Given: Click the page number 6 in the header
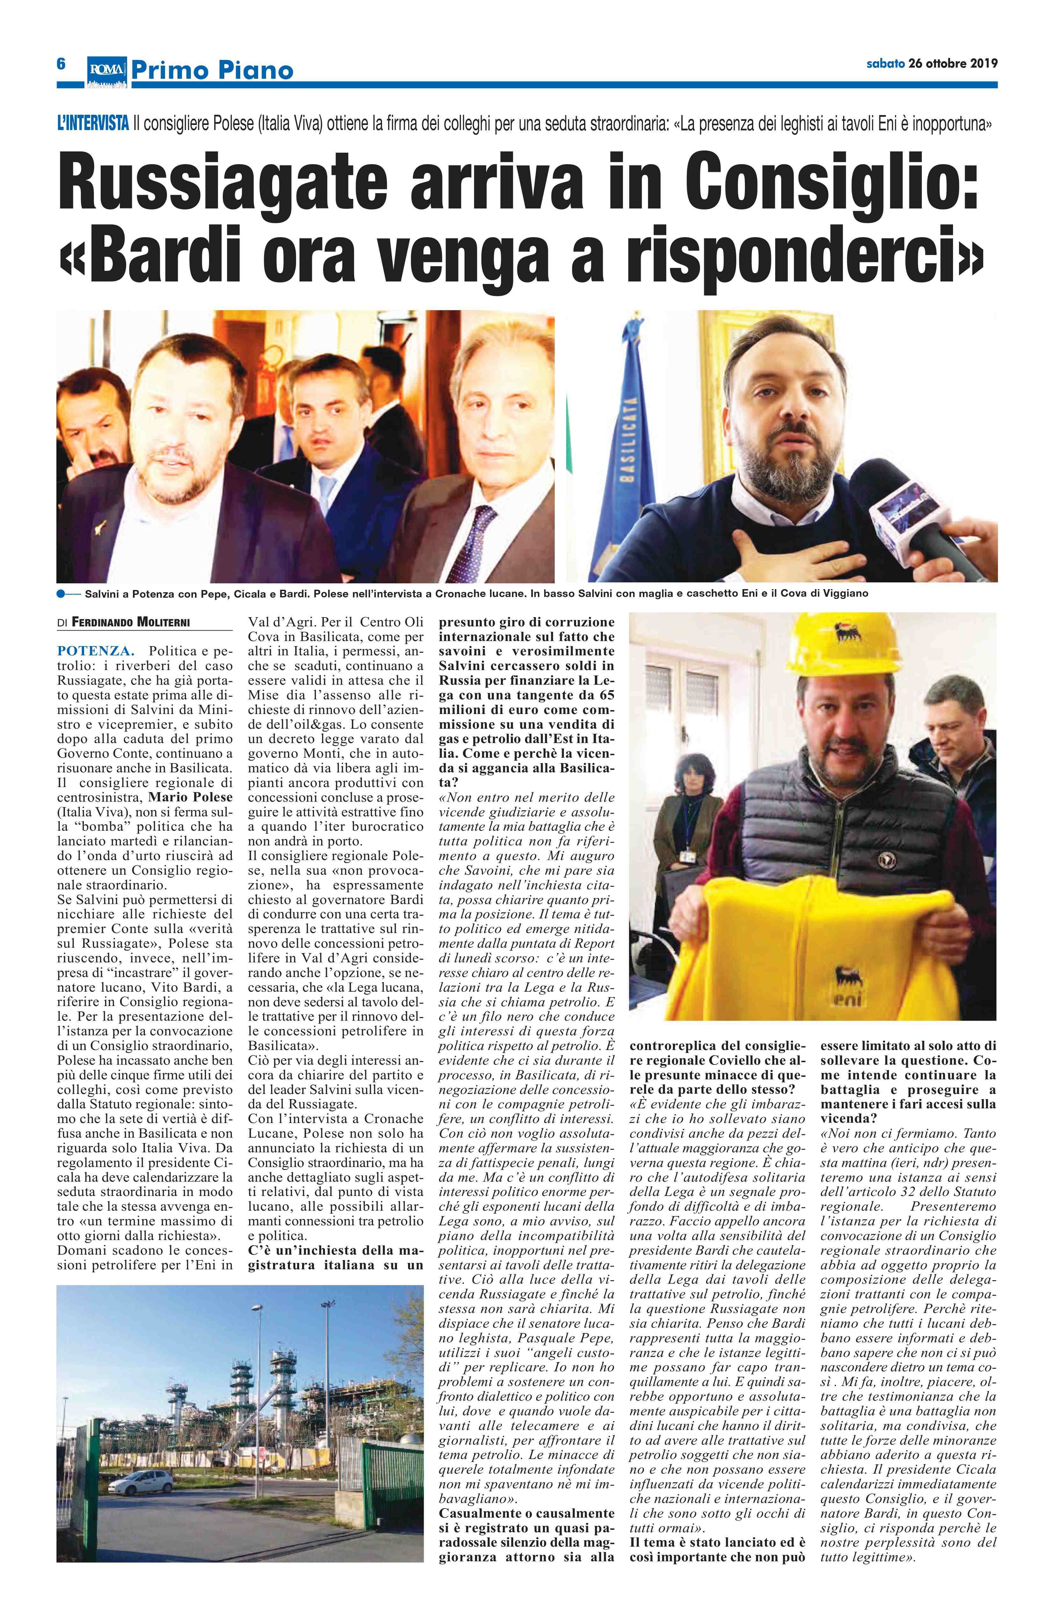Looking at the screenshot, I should pyautogui.click(x=61, y=64).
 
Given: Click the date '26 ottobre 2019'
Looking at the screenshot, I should pyautogui.click(x=952, y=64).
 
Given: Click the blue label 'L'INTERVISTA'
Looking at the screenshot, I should pyautogui.click(x=93, y=125).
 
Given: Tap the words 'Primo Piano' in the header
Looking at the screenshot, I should pyautogui.click(x=212, y=70).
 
